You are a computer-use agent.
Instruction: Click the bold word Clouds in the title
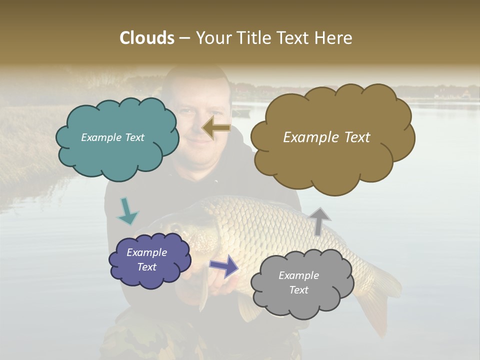(x=146, y=38)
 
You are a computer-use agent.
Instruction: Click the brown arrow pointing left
(x=216, y=128)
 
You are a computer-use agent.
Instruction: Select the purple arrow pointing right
(x=223, y=266)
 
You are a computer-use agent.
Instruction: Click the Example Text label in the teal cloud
(x=112, y=137)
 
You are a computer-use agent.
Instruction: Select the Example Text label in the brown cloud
(x=326, y=137)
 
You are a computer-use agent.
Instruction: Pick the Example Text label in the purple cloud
(x=147, y=259)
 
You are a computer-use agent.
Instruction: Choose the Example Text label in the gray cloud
(x=298, y=282)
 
